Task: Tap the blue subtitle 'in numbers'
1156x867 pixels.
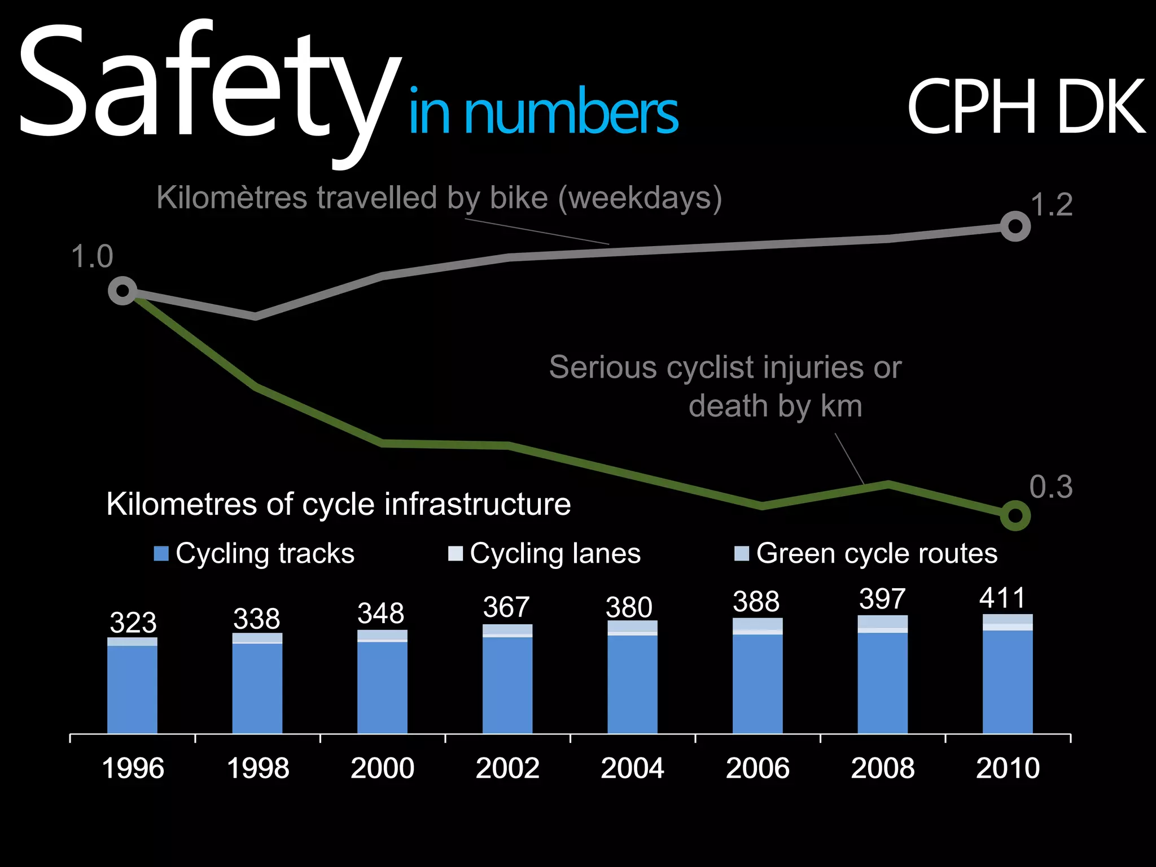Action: [x=543, y=113]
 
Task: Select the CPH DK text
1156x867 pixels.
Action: [x=1026, y=107]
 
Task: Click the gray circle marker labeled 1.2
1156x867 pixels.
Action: [x=1015, y=226]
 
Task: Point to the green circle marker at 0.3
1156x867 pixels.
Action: [x=1015, y=515]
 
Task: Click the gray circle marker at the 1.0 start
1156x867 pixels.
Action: [x=122, y=291]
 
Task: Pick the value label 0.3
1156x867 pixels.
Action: [x=1050, y=487]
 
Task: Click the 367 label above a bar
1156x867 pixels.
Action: [x=506, y=607]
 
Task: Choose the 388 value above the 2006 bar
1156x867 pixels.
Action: [x=756, y=602]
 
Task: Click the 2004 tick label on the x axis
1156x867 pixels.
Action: [x=632, y=768]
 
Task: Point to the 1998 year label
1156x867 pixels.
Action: [x=257, y=768]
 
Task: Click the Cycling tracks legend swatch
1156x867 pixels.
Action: [x=161, y=554]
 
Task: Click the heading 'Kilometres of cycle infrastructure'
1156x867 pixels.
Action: [x=339, y=504]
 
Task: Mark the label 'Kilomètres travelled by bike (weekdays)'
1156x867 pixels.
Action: [x=439, y=198]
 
